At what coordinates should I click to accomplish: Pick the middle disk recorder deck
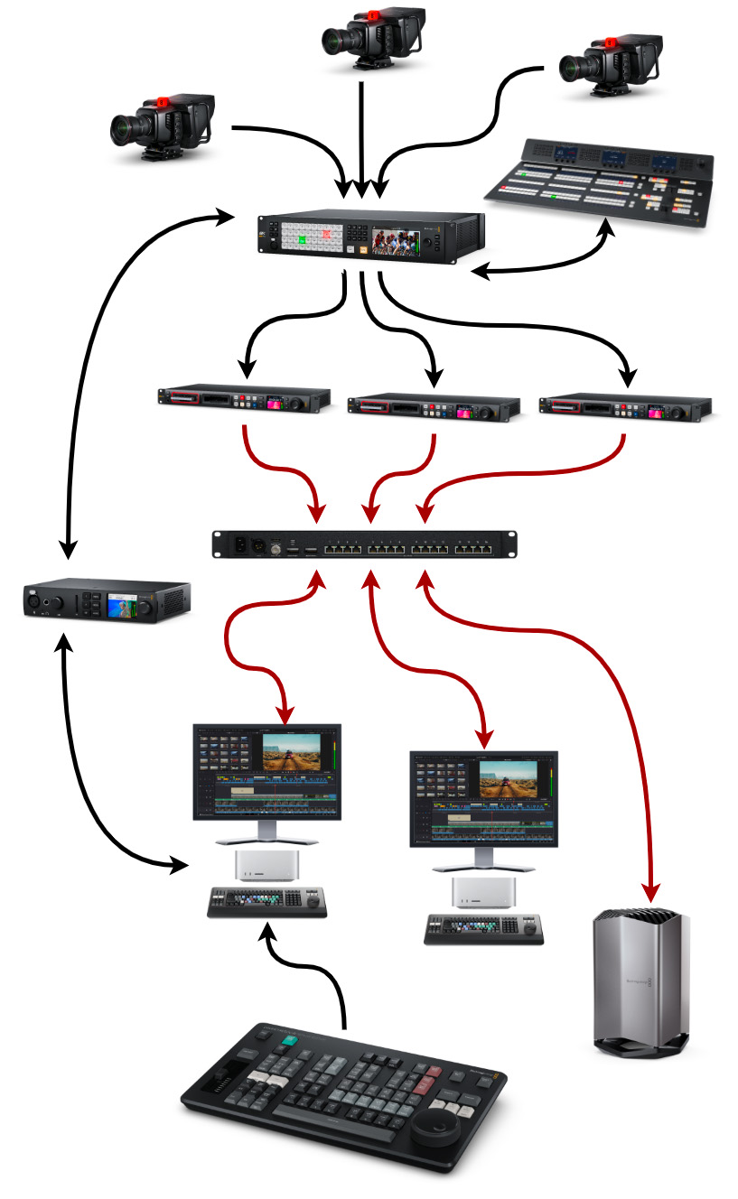(x=434, y=404)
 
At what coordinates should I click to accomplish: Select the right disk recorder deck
(x=625, y=404)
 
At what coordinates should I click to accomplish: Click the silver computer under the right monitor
(x=483, y=892)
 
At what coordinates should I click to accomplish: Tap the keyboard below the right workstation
(x=483, y=929)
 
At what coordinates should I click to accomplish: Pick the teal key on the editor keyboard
(x=289, y=1041)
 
